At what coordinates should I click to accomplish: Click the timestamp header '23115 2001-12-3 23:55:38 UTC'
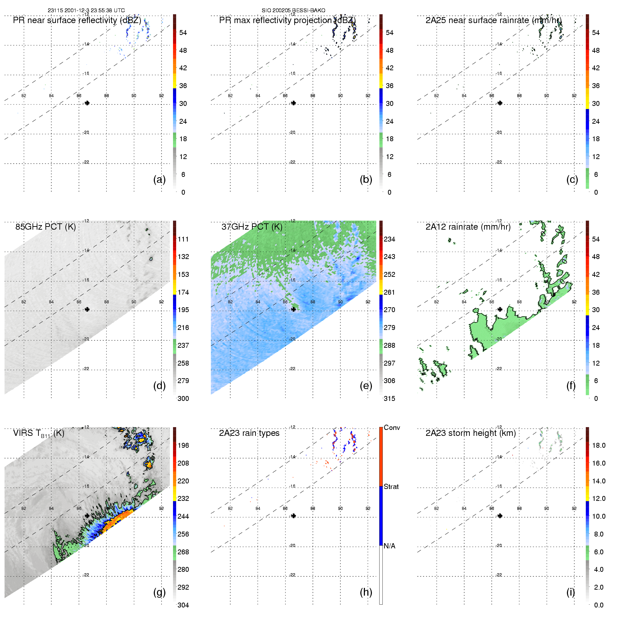(86, 10)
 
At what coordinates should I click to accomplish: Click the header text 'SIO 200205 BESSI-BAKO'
(293, 10)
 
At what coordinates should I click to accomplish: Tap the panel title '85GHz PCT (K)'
(45, 227)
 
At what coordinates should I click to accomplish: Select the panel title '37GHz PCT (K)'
(252, 227)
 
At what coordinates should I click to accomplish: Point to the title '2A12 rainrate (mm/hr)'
(468, 227)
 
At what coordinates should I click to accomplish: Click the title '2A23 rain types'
(249, 433)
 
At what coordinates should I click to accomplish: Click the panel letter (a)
(159, 179)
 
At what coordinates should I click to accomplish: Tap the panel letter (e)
(366, 386)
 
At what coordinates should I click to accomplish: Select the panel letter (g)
(159, 592)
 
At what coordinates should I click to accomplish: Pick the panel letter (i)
(570, 592)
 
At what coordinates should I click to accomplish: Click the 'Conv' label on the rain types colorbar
(392, 427)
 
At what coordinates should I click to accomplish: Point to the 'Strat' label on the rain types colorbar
(391, 487)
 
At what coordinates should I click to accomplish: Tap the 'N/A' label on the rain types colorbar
(389, 546)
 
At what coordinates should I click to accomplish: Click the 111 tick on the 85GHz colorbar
(183, 239)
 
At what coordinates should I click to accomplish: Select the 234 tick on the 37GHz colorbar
(389, 239)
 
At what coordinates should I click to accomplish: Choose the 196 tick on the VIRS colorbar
(183, 445)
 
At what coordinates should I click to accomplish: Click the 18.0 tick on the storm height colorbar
(599, 445)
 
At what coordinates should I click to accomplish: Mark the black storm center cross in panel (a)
(87, 103)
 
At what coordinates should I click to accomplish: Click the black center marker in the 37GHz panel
(294, 309)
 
